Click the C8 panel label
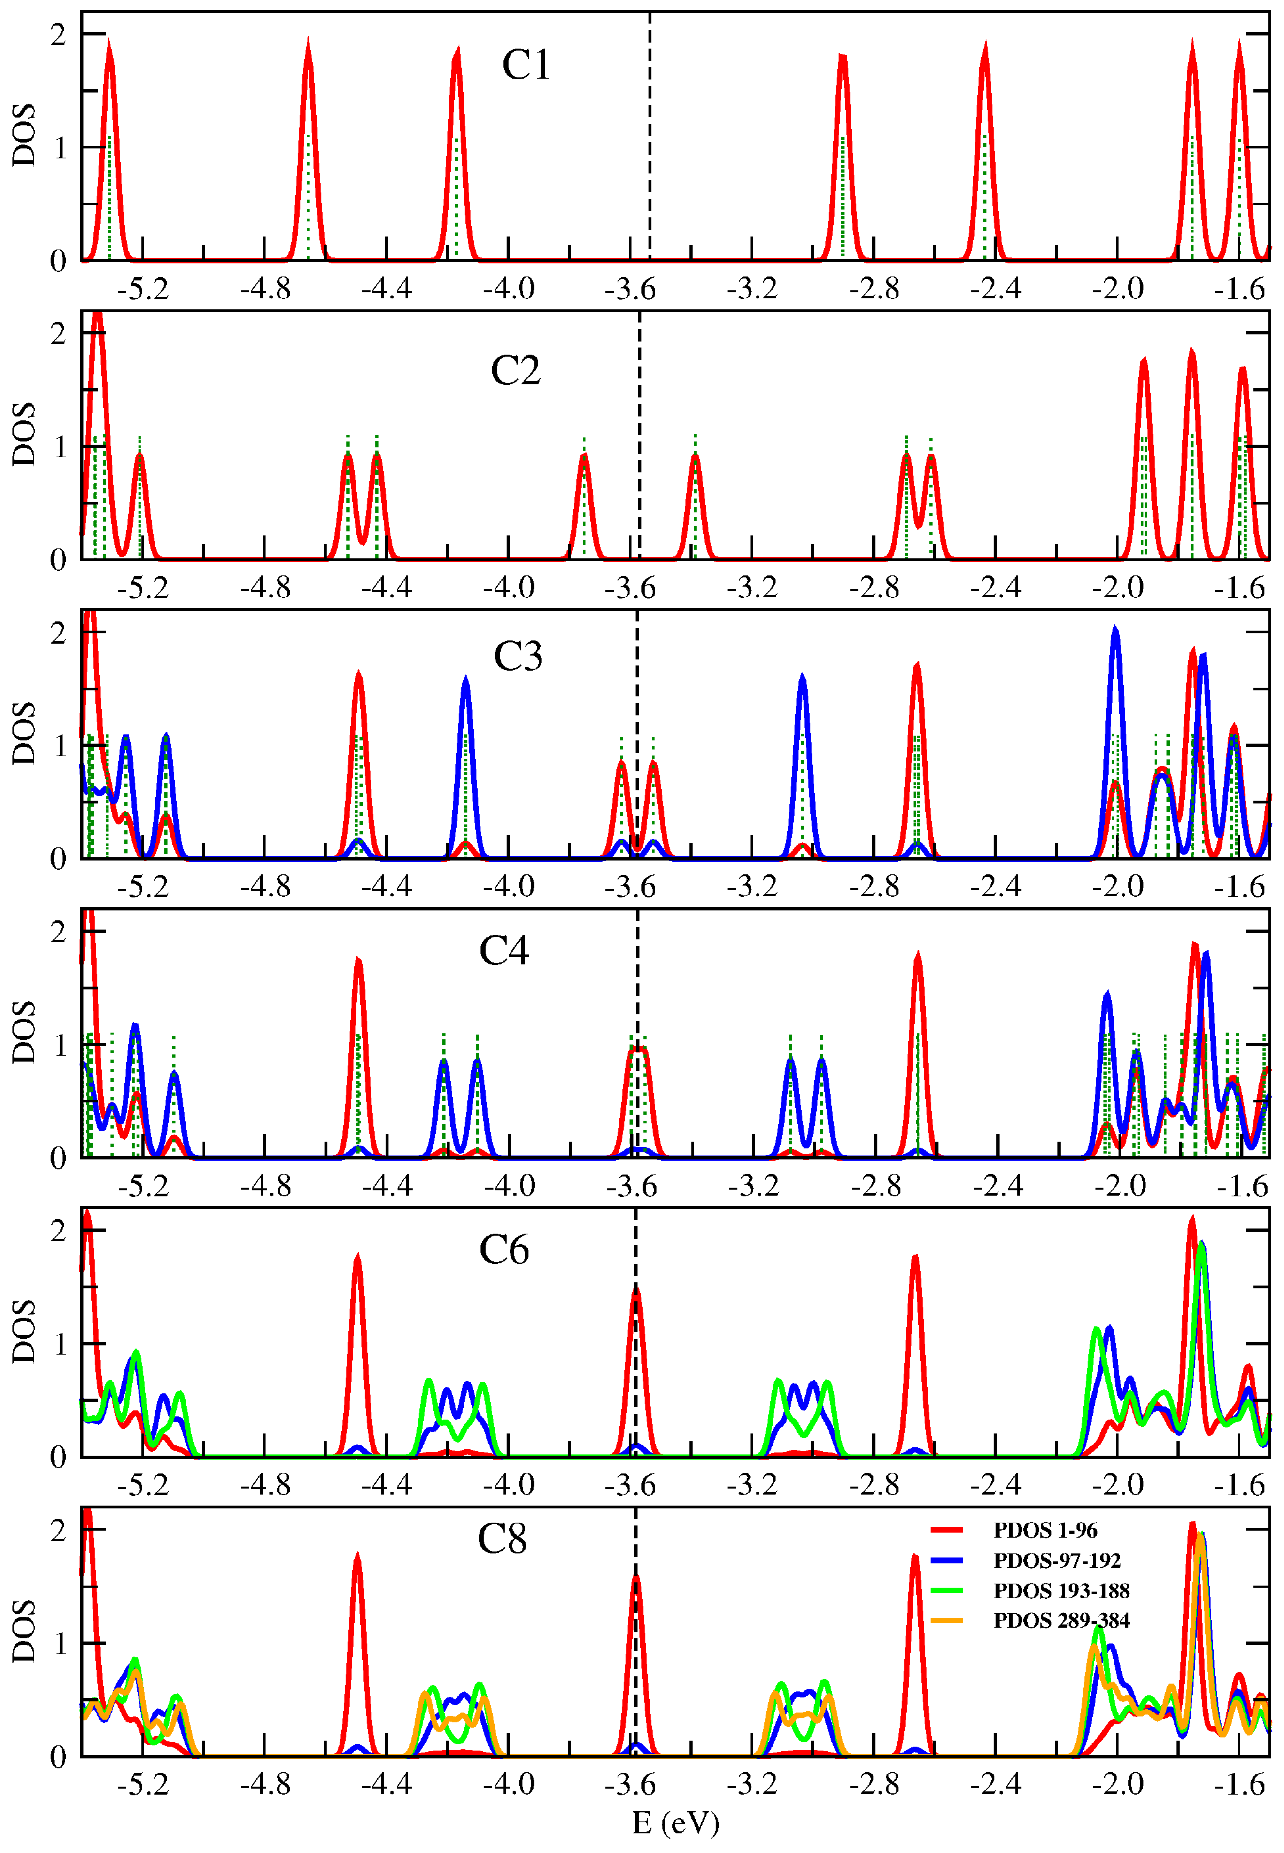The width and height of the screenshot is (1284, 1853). [x=501, y=1540]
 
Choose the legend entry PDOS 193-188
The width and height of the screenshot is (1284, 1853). [x=1061, y=1590]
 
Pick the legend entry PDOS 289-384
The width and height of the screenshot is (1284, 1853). [x=1061, y=1620]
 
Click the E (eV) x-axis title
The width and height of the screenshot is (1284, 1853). [x=675, y=1822]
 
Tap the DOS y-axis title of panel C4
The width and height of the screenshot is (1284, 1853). [x=24, y=1033]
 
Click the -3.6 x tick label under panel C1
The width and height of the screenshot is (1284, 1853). [x=630, y=288]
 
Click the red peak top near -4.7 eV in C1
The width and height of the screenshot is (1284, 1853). [x=308, y=42]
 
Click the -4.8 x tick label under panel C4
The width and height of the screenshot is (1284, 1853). [x=265, y=1186]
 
